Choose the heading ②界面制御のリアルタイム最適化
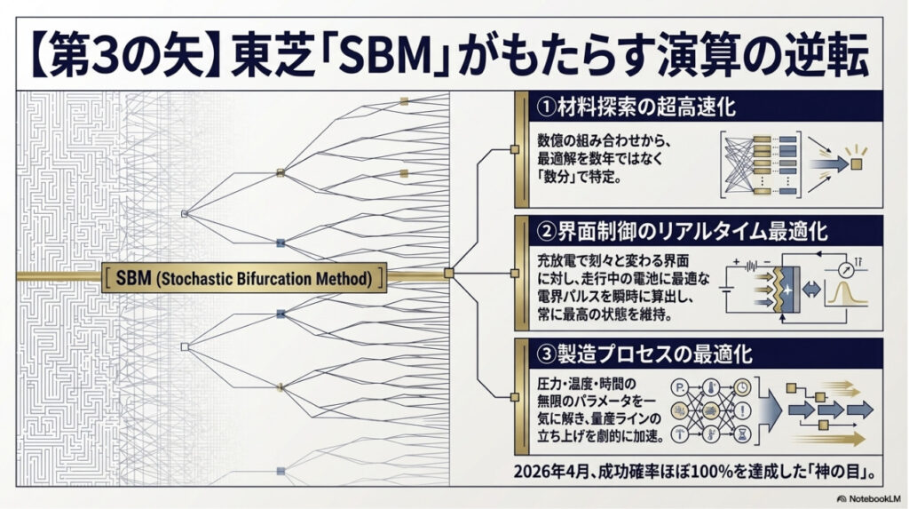coord(683,233)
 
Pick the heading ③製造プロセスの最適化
coord(646,354)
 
